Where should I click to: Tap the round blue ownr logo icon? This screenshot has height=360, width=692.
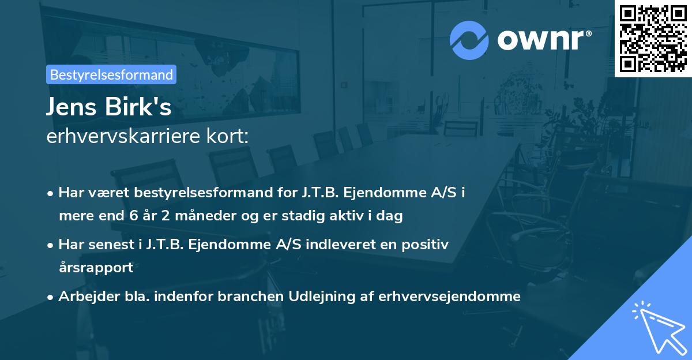coord(469,40)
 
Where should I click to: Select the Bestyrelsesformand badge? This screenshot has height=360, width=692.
coord(111,74)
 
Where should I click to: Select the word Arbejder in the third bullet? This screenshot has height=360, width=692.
coord(84,297)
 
